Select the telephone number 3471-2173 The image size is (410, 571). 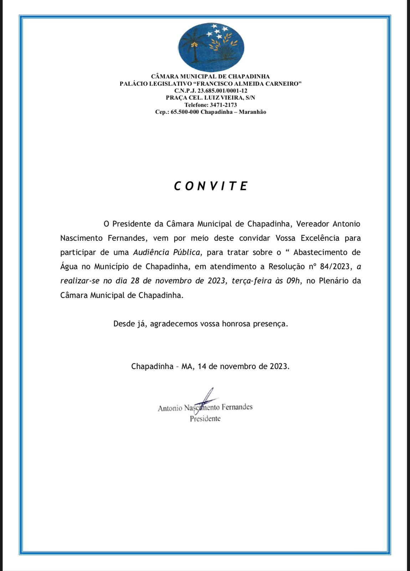[223, 105]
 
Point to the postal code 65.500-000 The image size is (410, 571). [185, 112]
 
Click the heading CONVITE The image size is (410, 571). [211, 186]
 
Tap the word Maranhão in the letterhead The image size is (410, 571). [252, 112]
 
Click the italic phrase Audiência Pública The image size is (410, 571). [166, 252]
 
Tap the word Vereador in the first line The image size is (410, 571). [312, 224]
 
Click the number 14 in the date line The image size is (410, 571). [202, 366]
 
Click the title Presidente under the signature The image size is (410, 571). [205, 419]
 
